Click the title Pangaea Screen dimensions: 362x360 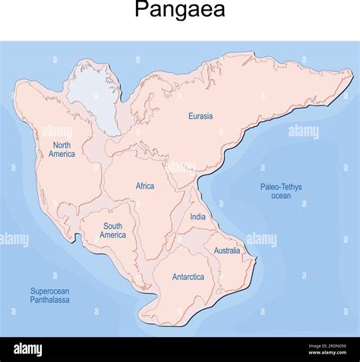point(180,11)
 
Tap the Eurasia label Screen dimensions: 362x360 point(201,116)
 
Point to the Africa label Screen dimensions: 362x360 point(144,186)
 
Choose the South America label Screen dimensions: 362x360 point(112,231)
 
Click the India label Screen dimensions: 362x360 point(197,217)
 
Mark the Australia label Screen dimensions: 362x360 point(226,250)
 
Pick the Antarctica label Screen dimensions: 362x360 point(188,277)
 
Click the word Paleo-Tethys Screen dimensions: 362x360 point(280,187)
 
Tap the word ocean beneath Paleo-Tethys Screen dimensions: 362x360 point(280,196)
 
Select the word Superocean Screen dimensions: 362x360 point(49,291)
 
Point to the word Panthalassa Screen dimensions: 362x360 point(49,301)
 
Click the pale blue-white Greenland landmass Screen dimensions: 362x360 point(96,95)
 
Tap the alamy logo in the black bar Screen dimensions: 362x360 point(27,350)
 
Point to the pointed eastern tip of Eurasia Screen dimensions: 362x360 point(351,74)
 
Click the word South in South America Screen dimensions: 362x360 point(112,226)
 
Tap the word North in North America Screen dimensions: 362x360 point(62,145)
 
